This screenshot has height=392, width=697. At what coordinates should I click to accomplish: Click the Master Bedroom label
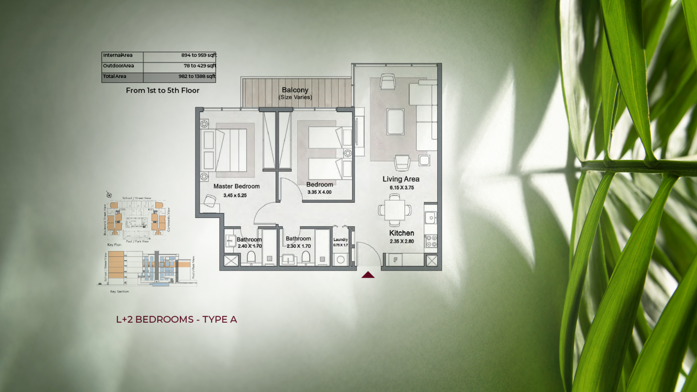point(236,186)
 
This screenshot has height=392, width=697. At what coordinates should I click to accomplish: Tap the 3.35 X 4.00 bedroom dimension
point(319,192)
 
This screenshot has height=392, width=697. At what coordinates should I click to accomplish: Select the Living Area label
point(401,179)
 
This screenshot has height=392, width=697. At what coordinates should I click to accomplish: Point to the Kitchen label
point(402,233)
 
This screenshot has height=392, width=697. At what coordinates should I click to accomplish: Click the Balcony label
point(295,90)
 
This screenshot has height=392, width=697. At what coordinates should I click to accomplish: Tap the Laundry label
point(341,240)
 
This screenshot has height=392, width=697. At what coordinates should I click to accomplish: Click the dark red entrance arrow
point(368,275)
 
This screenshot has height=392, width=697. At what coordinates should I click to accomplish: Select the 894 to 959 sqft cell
point(199,55)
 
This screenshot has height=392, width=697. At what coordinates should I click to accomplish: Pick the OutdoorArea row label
point(118,66)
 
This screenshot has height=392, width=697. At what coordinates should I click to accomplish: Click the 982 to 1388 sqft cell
point(197,76)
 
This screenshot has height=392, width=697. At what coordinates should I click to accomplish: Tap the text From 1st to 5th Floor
point(163,90)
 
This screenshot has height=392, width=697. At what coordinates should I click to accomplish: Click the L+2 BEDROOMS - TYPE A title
point(176,319)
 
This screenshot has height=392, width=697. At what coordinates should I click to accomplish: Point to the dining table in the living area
point(395,210)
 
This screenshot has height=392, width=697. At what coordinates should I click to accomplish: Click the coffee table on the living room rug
point(395,122)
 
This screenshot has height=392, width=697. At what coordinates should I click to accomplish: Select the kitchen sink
point(431,218)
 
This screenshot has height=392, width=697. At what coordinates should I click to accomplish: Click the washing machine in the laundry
point(341,260)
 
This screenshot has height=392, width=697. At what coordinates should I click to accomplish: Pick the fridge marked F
point(396,260)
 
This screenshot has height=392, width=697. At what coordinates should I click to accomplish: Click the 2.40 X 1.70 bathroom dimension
point(250,246)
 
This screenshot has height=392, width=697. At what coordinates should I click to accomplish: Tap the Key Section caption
point(119,291)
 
